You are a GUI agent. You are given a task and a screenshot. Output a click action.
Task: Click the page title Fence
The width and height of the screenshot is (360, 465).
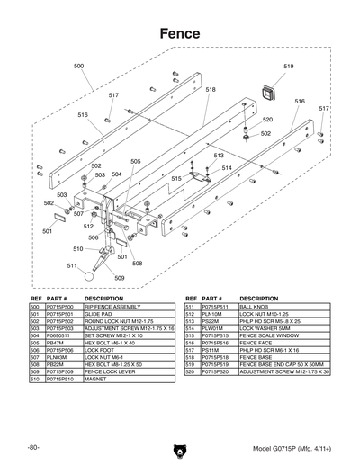(x=179, y=32)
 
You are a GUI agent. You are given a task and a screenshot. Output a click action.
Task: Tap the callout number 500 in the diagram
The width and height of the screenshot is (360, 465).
(x=79, y=66)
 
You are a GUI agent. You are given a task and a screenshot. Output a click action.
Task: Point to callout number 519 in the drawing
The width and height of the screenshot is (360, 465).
(x=289, y=67)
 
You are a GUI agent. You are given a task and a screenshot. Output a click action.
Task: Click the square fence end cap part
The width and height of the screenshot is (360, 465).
(x=266, y=93)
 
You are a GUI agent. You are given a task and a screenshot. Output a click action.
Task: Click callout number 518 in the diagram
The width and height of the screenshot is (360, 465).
(x=210, y=90)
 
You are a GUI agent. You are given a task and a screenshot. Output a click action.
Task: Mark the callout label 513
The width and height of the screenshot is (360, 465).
(x=219, y=156)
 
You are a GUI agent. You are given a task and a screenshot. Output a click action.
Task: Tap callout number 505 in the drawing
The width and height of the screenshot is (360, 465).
(x=136, y=162)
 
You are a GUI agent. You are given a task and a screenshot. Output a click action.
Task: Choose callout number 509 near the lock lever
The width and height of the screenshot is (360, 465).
(x=120, y=278)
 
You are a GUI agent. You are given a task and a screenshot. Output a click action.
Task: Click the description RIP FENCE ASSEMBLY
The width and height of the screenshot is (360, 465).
(x=112, y=307)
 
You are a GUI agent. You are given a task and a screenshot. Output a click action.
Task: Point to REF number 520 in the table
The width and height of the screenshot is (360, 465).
(x=190, y=371)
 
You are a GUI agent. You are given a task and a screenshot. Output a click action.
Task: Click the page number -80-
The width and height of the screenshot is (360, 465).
(x=33, y=447)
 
